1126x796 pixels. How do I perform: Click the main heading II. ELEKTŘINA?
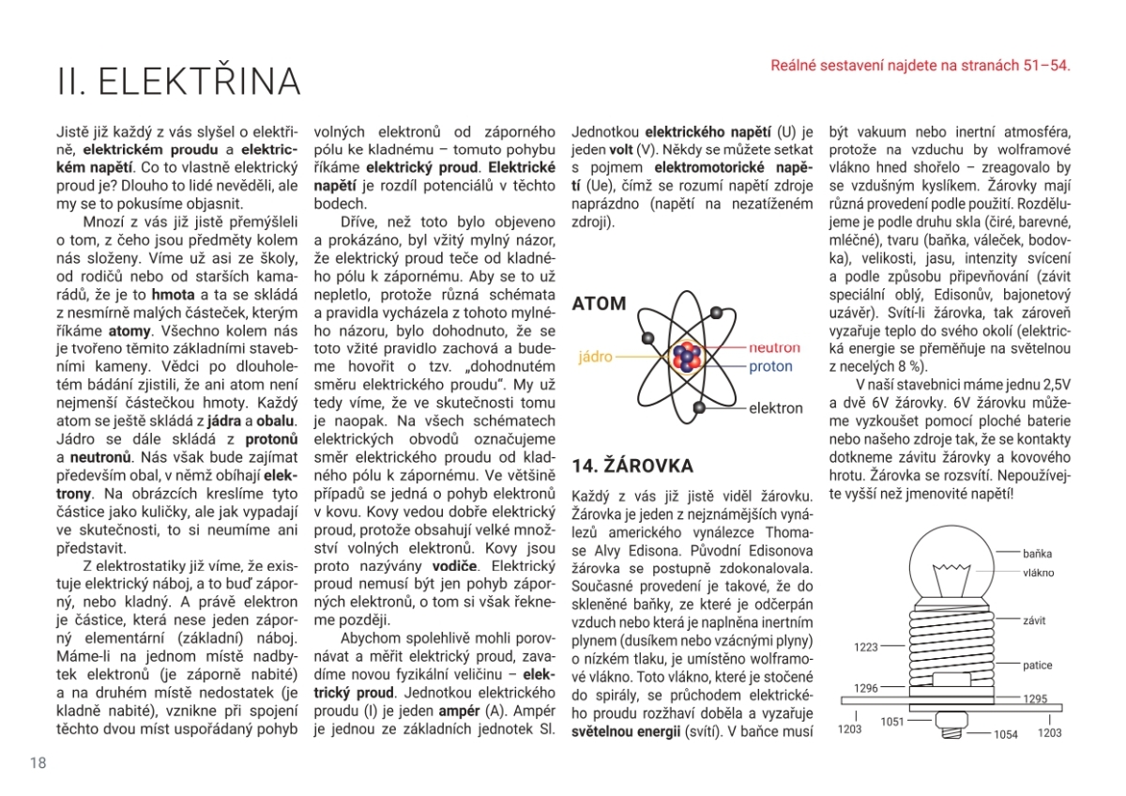coord(178,82)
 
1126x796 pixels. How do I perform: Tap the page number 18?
coord(38,762)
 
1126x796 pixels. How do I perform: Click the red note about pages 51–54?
coord(920,66)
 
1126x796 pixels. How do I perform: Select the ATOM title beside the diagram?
coord(599,304)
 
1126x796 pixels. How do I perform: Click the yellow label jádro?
coord(596,358)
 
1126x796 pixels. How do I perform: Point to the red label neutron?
coord(774,347)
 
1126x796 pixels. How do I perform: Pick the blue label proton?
coord(770,367)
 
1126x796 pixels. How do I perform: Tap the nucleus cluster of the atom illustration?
coord(688,357)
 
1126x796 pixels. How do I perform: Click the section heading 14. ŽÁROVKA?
coord(632,466)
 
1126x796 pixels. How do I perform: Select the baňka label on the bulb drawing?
coord(1038,554)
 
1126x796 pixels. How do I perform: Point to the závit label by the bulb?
coord(1035,620)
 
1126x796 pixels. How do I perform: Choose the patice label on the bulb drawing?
coord(1038,666)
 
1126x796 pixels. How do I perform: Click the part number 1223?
coord(866,647)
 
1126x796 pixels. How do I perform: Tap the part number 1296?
coord(866,688)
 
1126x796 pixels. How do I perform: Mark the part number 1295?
coord(1035,699)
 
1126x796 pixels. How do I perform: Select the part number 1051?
coord(892,722)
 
